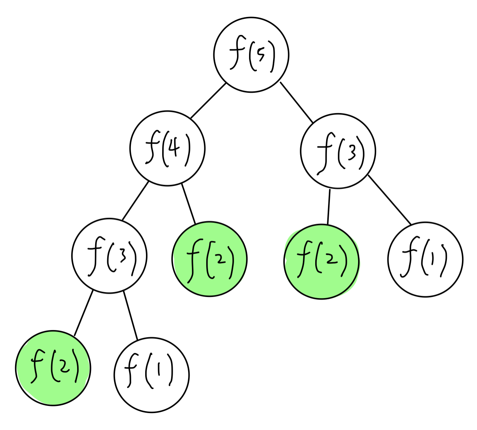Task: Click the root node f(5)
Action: point(251,55)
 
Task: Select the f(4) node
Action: point(167,148)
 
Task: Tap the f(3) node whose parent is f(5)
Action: point(338,151)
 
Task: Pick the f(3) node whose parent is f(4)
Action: point(109,256)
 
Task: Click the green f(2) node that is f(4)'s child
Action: point(210,259)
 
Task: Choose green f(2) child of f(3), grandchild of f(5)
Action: point(321,262)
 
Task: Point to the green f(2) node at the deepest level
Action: point(53,368)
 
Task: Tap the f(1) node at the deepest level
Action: point(152,375)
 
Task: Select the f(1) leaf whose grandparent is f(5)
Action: point(425,260)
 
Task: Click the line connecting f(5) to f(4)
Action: point(208,101)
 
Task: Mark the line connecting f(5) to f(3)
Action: point(296,102)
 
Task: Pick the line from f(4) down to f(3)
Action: point(135,201)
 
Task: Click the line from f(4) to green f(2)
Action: point(188,204)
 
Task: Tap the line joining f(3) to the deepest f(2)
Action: point(84,313)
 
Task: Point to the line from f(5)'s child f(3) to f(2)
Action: point(329,207)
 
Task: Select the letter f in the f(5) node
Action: point(236,56)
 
